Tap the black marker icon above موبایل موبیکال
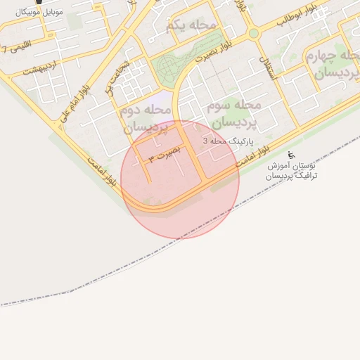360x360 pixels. pos(47,2)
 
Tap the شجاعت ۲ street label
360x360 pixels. pos(119,77)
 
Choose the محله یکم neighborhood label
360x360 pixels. pos(191,25)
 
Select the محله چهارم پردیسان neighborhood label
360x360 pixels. pos(333,63)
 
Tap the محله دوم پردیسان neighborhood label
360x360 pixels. pos(147,120)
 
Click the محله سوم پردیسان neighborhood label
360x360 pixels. pos(235,113)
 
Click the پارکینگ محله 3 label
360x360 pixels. pos(229,141)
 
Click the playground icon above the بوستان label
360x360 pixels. pos(292,155)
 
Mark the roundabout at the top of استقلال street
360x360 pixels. pos(253,33)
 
